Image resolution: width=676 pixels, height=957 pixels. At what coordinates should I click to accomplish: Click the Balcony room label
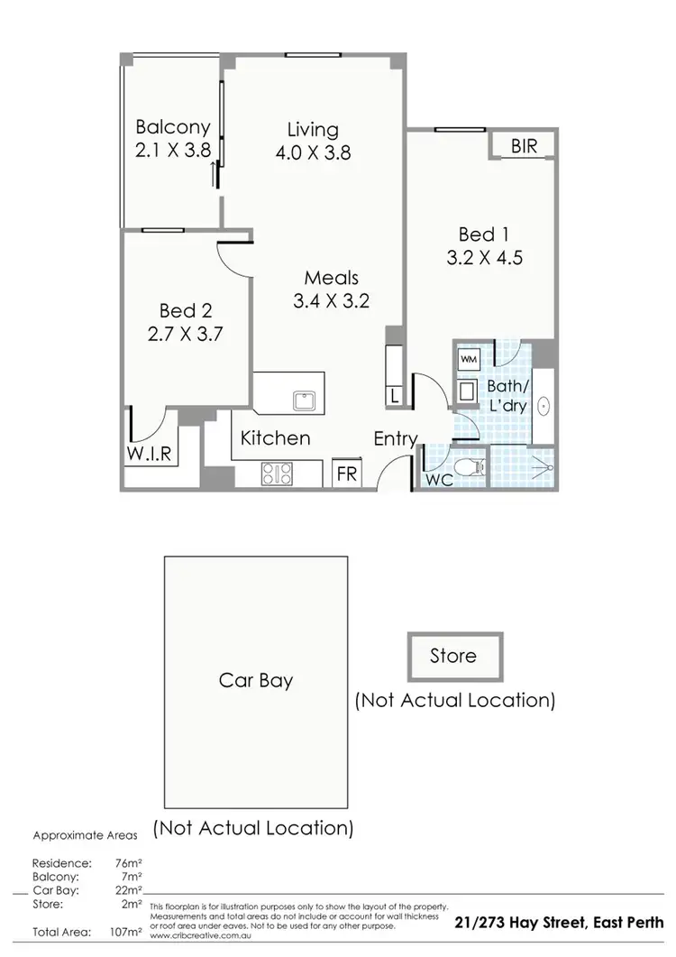(172, 128)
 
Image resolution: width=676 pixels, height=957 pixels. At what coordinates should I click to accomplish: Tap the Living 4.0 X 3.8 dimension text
(312, 152)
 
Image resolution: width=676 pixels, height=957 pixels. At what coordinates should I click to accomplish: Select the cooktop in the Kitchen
(277, 472)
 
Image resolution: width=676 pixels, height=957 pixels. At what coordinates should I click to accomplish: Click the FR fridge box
(346, 473)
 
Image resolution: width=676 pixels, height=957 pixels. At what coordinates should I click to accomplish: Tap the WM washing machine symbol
(469, 358)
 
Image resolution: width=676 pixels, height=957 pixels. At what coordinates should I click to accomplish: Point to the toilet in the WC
(467, 467)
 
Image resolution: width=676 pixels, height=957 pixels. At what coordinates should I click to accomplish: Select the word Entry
(397, 439)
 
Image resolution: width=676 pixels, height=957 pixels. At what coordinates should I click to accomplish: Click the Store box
(452, 656)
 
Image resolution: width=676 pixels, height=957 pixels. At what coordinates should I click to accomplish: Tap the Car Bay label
(255, 679)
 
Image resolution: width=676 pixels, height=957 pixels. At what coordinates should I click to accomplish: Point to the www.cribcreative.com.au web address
(187, 935)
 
